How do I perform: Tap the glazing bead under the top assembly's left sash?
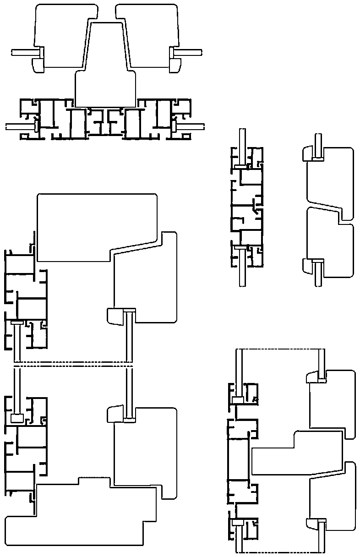click(38, 64)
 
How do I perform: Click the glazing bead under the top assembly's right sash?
click(174, 64)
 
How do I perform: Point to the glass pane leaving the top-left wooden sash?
click(23, 52)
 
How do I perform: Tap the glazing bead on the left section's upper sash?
click(115, 316)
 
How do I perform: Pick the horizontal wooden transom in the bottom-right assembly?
click(298, 453)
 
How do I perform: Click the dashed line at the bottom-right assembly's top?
click(279, 349)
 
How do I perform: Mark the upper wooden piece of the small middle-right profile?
click(327, 179)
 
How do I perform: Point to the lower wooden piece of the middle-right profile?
click(327, 245)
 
